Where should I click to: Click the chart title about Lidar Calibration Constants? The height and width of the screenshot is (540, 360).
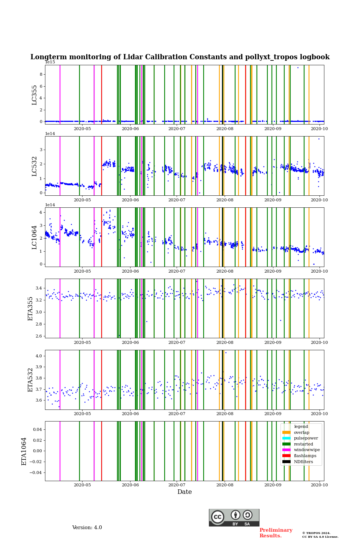pos(180,57)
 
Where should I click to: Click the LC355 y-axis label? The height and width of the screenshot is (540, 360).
pos(34,95)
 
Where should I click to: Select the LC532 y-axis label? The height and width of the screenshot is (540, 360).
pos(34,166)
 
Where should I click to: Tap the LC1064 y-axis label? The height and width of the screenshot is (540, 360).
pos(34,237)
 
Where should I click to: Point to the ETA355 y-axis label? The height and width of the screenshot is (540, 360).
pos(31,309)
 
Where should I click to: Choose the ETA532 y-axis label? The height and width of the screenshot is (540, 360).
pos(31,380)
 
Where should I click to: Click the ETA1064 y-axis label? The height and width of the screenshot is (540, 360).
pos(24,451)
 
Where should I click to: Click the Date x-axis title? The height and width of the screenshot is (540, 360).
pos(184,492)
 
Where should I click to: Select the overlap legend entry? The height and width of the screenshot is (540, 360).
pos(301,432)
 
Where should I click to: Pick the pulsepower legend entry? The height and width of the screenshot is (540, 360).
pos(306,438)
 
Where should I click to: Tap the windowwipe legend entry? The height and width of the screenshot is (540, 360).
pos(307,450)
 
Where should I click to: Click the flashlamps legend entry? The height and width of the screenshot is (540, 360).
pos(305,456)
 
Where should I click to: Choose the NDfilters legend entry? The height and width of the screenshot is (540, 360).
pos(303,462)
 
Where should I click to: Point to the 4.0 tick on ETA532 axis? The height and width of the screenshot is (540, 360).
pos(39,356)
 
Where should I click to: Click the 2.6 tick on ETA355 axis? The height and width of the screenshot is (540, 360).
pos(39,336)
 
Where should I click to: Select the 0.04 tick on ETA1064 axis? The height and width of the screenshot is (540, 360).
pos(37,429)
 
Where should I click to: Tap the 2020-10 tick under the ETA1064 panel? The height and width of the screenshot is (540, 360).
pos(319,485)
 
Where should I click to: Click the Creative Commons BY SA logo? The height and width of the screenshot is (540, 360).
pos(234,517)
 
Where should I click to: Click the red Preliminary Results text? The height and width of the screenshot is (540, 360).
pos(276,533)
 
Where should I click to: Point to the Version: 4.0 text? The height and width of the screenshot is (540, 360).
pos(87,528)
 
